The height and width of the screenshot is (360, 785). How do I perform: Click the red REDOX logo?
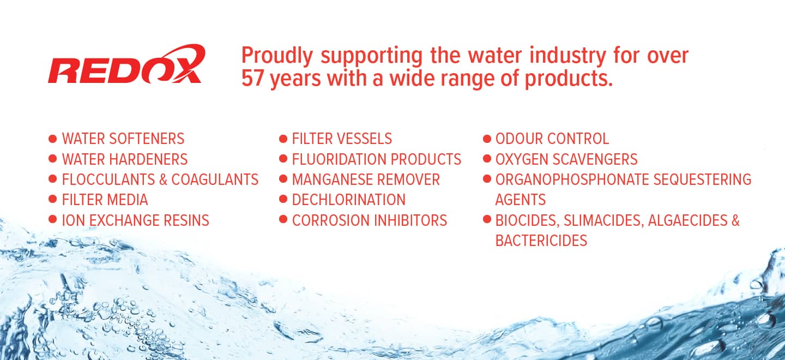point(126,64)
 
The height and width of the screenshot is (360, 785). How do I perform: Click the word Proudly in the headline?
point(277,56)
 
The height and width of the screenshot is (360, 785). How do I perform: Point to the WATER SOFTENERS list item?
point(123,139)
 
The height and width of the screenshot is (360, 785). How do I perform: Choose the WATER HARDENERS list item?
point(125,159)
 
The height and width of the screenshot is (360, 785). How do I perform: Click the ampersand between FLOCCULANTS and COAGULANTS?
point(163,179)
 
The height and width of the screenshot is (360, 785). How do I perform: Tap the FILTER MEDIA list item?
point(105,200)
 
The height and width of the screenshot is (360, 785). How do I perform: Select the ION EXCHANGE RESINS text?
point(135,220)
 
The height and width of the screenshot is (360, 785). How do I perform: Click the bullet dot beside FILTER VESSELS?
point(283,139)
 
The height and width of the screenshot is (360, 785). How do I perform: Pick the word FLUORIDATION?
point(339,159)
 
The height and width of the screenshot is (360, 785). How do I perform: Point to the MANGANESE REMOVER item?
point(366,179)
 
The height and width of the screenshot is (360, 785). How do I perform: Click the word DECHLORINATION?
point(349,200)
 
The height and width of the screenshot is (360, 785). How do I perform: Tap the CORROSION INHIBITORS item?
point(370,220)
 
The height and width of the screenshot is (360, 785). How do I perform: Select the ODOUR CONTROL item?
point(552,139)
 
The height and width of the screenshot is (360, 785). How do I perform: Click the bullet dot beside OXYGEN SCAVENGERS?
point(487,159)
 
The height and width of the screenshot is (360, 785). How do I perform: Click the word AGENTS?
point(521,200)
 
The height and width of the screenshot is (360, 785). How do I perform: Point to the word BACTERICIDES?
point(541,241)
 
